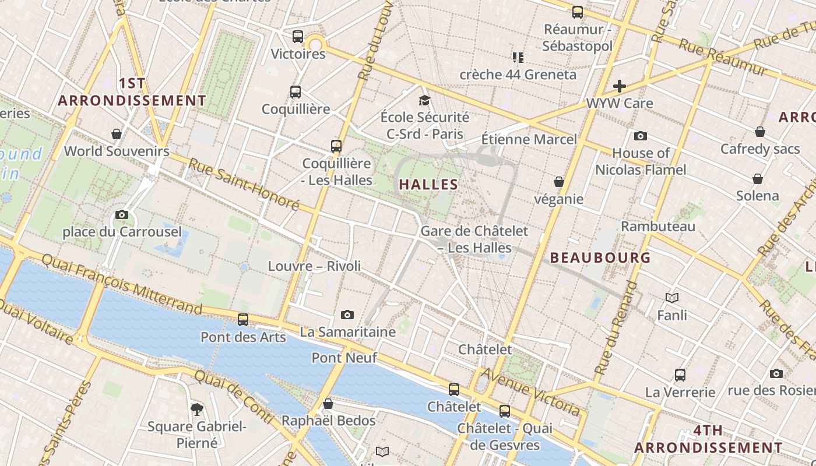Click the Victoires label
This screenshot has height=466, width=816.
(298, 54)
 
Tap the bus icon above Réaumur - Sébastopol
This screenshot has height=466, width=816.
(577, 12)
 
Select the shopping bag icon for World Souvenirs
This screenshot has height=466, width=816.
(117, 134)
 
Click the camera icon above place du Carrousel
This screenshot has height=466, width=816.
(122, 214)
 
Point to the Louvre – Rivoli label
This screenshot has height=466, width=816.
(314, 266)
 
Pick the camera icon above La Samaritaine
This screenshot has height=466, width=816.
(347, 315)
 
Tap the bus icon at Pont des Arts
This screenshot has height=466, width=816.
(243, 320)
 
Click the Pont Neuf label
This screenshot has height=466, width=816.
(344, 358)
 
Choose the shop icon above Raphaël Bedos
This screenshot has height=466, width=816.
(328, 404)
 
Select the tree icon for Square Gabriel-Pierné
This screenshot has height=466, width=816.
(197, 409)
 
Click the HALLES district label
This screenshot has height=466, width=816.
(428, 185)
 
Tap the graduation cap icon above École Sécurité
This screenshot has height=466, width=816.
(424, 100)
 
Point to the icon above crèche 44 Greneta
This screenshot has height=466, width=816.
(518, 57)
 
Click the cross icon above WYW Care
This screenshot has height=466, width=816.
(619, 86)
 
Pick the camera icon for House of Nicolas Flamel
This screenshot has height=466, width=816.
(641, 136)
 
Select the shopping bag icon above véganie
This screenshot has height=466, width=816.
(558, 182)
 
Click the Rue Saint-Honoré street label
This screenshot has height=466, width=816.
(244, 184)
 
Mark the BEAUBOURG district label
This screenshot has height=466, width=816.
(600, 257)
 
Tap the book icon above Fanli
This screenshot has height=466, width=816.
(672, 298)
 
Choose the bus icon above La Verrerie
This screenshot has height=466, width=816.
(680, 375)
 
